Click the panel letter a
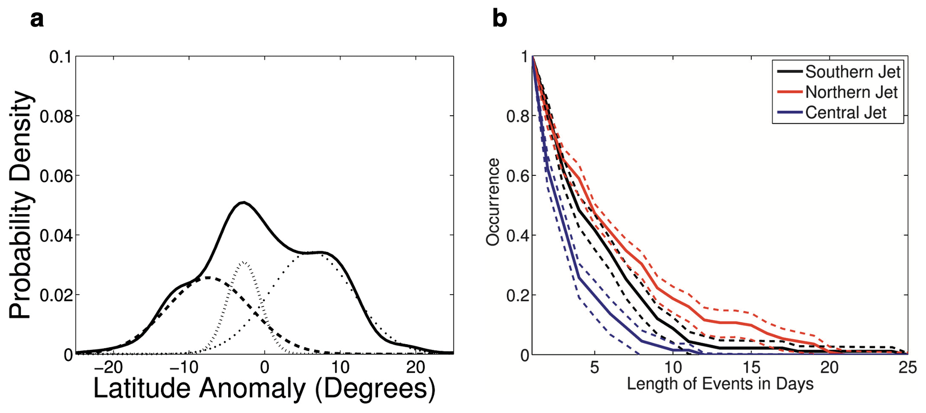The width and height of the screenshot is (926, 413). (x=37, y=19)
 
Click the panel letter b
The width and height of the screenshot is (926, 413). (x=500, y=19)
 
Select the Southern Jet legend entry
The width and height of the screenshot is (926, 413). (x=853, y=72)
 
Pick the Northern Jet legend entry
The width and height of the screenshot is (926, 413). (x=851, y=92)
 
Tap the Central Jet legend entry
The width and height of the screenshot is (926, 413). (x=846, y=113)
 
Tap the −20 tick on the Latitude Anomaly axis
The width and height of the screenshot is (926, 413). (x=109, y=367)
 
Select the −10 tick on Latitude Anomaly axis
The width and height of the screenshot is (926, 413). (x=185, y=367)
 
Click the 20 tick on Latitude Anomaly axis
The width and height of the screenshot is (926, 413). (x=416, y=367)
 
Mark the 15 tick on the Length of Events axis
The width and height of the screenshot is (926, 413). (x=751, y=367)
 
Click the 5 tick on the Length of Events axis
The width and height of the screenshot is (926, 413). (x=594, y=367)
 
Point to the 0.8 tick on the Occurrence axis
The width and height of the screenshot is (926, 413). (x=518, y=116)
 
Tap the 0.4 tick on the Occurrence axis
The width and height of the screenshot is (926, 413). (x=518, y=236)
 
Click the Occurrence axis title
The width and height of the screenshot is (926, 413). (x=493, y=202)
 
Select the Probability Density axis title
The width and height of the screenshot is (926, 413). (x=21, y=205)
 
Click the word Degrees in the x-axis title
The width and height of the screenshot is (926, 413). (x=375, y=390)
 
